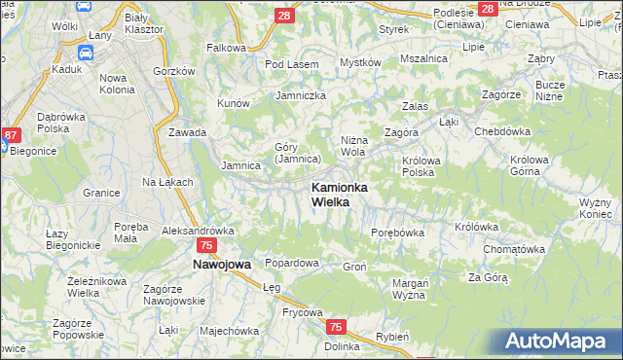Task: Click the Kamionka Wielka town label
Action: pyautogui.click(x=339, y=194)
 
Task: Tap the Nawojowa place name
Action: pyautogui.click(x=221, y=264)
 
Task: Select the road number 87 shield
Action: pyautogui.click(x=11, y=135)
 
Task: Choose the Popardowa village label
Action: pyautogui.click(x=292, y=264)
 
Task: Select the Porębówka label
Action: pyautogui.click(x=398, y=233)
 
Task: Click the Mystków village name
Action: pyautogui.click(x=359, y=62)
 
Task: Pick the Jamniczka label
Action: pyautogui.click(x=300, y=95)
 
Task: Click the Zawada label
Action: pyautogui.click(x=187, y=132)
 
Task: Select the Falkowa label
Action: pyautogui.click(x=226, y=47)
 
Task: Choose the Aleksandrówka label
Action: pyautogui.click(x=198, y=231)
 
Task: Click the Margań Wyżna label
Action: pyautogui.click(x=410, y=289)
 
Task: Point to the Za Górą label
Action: pyautogui.click(x=488, y=277)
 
